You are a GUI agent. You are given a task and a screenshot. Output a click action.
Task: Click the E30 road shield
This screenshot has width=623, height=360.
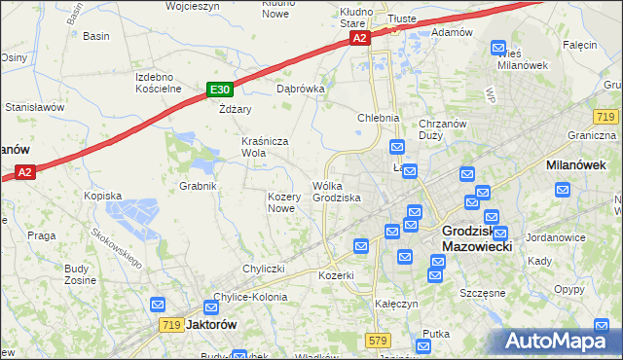[219, 90]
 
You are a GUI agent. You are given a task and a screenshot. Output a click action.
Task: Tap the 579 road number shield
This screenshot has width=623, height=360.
[379, 340]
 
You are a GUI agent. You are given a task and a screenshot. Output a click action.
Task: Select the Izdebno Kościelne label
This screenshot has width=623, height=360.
[159, 82]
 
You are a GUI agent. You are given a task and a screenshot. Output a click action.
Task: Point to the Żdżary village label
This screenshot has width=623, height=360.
[236, 109]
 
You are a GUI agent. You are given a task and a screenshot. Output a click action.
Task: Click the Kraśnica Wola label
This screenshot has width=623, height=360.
[267, 146]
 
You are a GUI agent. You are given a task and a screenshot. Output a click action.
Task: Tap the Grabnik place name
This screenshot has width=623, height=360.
[197, 185]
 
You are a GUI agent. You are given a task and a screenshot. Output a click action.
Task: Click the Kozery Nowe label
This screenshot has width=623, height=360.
[281, 201]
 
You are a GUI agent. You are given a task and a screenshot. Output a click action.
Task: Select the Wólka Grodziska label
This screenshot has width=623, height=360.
[337, 192]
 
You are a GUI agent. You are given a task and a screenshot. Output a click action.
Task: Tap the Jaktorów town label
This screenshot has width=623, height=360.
[210, 325]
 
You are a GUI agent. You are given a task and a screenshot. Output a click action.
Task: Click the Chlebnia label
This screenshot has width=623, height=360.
[379, 118]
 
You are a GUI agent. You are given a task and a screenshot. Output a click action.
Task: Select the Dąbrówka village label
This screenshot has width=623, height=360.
[300, 88]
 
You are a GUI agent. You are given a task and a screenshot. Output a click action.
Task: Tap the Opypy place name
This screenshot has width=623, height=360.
[568, 290]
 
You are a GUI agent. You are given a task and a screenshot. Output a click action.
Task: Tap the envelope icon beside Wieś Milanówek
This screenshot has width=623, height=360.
[498, 46]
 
